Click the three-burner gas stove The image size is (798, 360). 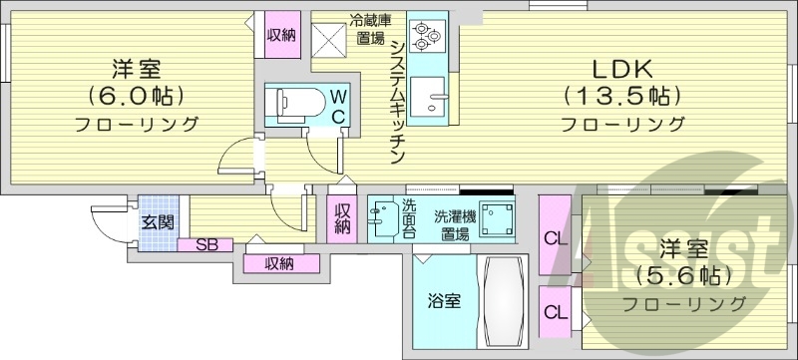click(x=427, y=37)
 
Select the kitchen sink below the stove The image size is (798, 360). click(x=433, y=97)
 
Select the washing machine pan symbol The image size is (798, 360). click(x=495, y=218)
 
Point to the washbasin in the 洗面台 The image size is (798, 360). click(x=383, y=217)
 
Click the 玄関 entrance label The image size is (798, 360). click(x=157, y=221)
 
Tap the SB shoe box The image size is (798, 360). click(x=205, y=243)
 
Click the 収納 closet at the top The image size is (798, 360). click(x=280, y=35)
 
